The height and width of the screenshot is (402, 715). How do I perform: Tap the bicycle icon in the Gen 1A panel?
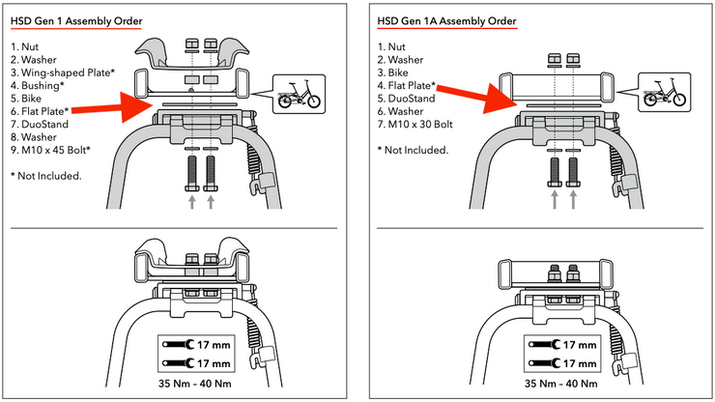tap(662, 95)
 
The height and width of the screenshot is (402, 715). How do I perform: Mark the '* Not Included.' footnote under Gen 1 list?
tap(45, 175)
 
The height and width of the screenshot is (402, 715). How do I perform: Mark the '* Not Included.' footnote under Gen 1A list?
tap(413, 150)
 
